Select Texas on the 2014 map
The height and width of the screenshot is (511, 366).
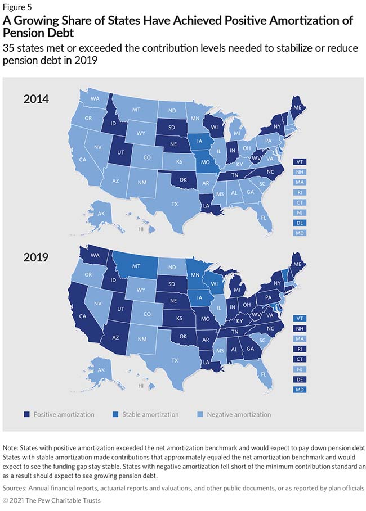tap(174, 204)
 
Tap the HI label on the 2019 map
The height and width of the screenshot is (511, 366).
tap(141, 386)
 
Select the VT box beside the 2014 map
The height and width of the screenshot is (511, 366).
tap(300, 162)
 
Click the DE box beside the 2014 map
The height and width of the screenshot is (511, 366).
tap(300, 223)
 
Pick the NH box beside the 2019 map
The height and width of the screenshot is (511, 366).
tap(300, 329)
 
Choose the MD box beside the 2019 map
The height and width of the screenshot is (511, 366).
tap(300, 390)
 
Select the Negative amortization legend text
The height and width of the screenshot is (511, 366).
tap(238, 414)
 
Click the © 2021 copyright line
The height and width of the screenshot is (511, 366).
tap(51, 500)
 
